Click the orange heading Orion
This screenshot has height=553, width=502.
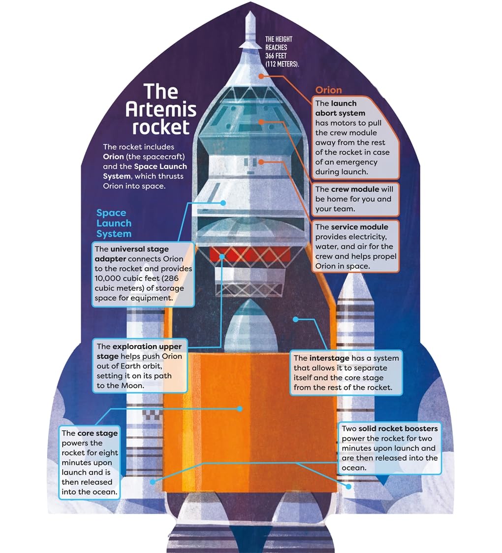[x=328, y=90]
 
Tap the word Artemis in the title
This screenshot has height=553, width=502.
[x=161, y=109]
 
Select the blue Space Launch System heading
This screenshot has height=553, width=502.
[x=114, y=223]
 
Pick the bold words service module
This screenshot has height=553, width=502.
[x=359, y=227]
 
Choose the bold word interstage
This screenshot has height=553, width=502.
[x=329, y=358]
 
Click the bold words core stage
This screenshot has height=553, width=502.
[x=97, y=433]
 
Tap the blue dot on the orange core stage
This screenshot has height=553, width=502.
[x=240, y=409]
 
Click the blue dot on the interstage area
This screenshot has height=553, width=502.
[x=296, y=319]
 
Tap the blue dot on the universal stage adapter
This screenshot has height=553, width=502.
[x=223, y=203]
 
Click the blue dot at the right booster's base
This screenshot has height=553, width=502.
[x=349, y=486]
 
